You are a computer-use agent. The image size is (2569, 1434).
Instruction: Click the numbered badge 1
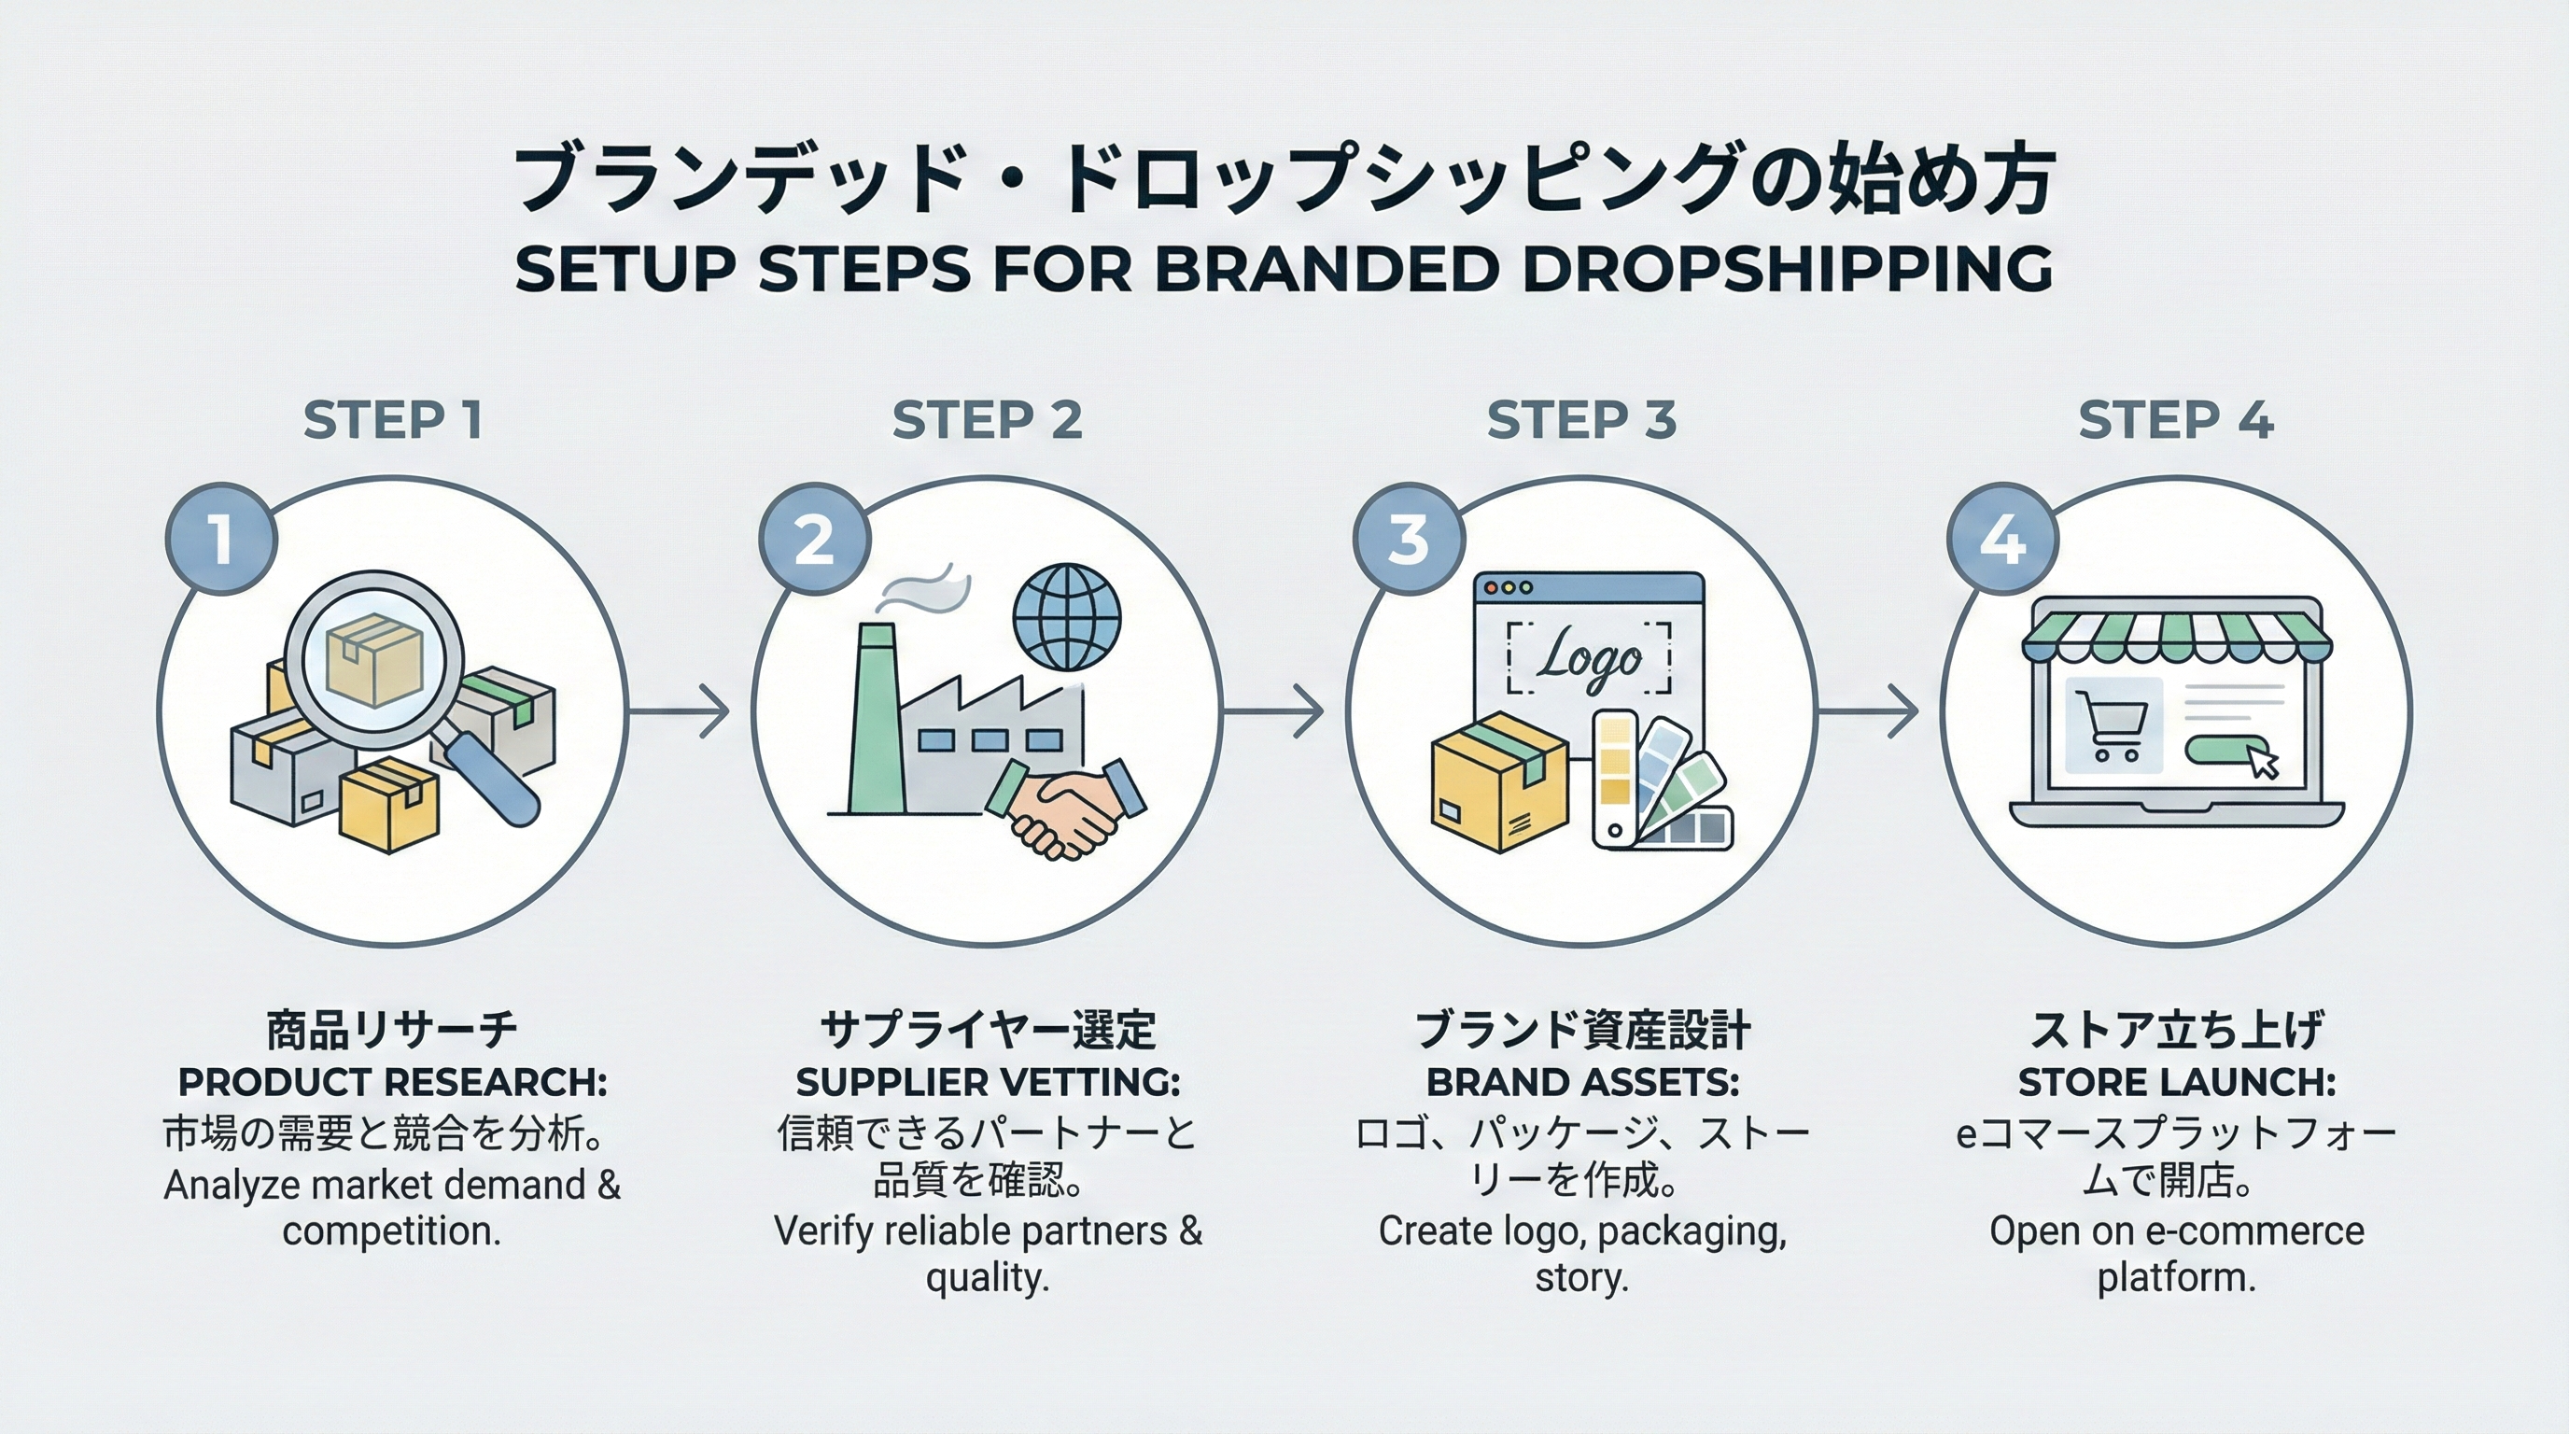[x=220, y=540]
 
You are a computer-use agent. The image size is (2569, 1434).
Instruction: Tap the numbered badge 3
[x=1408, y=540]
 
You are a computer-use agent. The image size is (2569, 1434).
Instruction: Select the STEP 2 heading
[x=987, y=420]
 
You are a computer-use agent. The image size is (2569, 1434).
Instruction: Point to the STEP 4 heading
[x=2175, y=420]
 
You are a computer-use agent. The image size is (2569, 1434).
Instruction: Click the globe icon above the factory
[x=1066, y=618]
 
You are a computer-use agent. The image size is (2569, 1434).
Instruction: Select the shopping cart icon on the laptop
[x=2111, y=725]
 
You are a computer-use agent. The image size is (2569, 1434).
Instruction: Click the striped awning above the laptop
[x=2176, y=639]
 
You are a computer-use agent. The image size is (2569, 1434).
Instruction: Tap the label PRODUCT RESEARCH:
[x=392, y=1082]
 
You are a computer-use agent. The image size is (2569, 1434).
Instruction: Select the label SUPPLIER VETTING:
[x=988, y=1082]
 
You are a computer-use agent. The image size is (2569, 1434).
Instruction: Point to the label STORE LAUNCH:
[x=2176, y=1082]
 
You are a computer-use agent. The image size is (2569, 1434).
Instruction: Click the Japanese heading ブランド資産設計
[x=1581, y=1030]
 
